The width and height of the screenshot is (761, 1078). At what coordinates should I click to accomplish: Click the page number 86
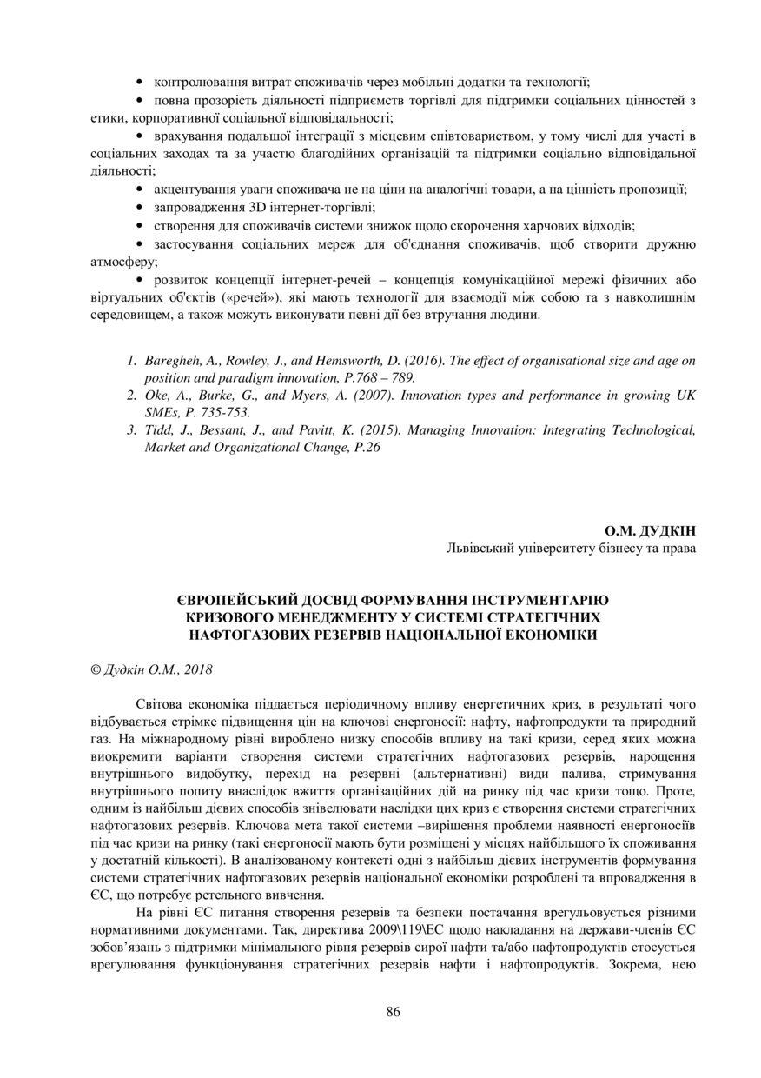click(393, 1011)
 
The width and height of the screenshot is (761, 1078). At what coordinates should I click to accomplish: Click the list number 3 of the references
click(130, 430)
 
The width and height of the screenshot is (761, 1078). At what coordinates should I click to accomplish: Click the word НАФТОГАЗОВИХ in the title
click(237, 635)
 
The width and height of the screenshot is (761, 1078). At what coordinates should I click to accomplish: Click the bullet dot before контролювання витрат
click(141, 83)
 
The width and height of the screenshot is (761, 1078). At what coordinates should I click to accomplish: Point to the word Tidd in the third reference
click(158, 430)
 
